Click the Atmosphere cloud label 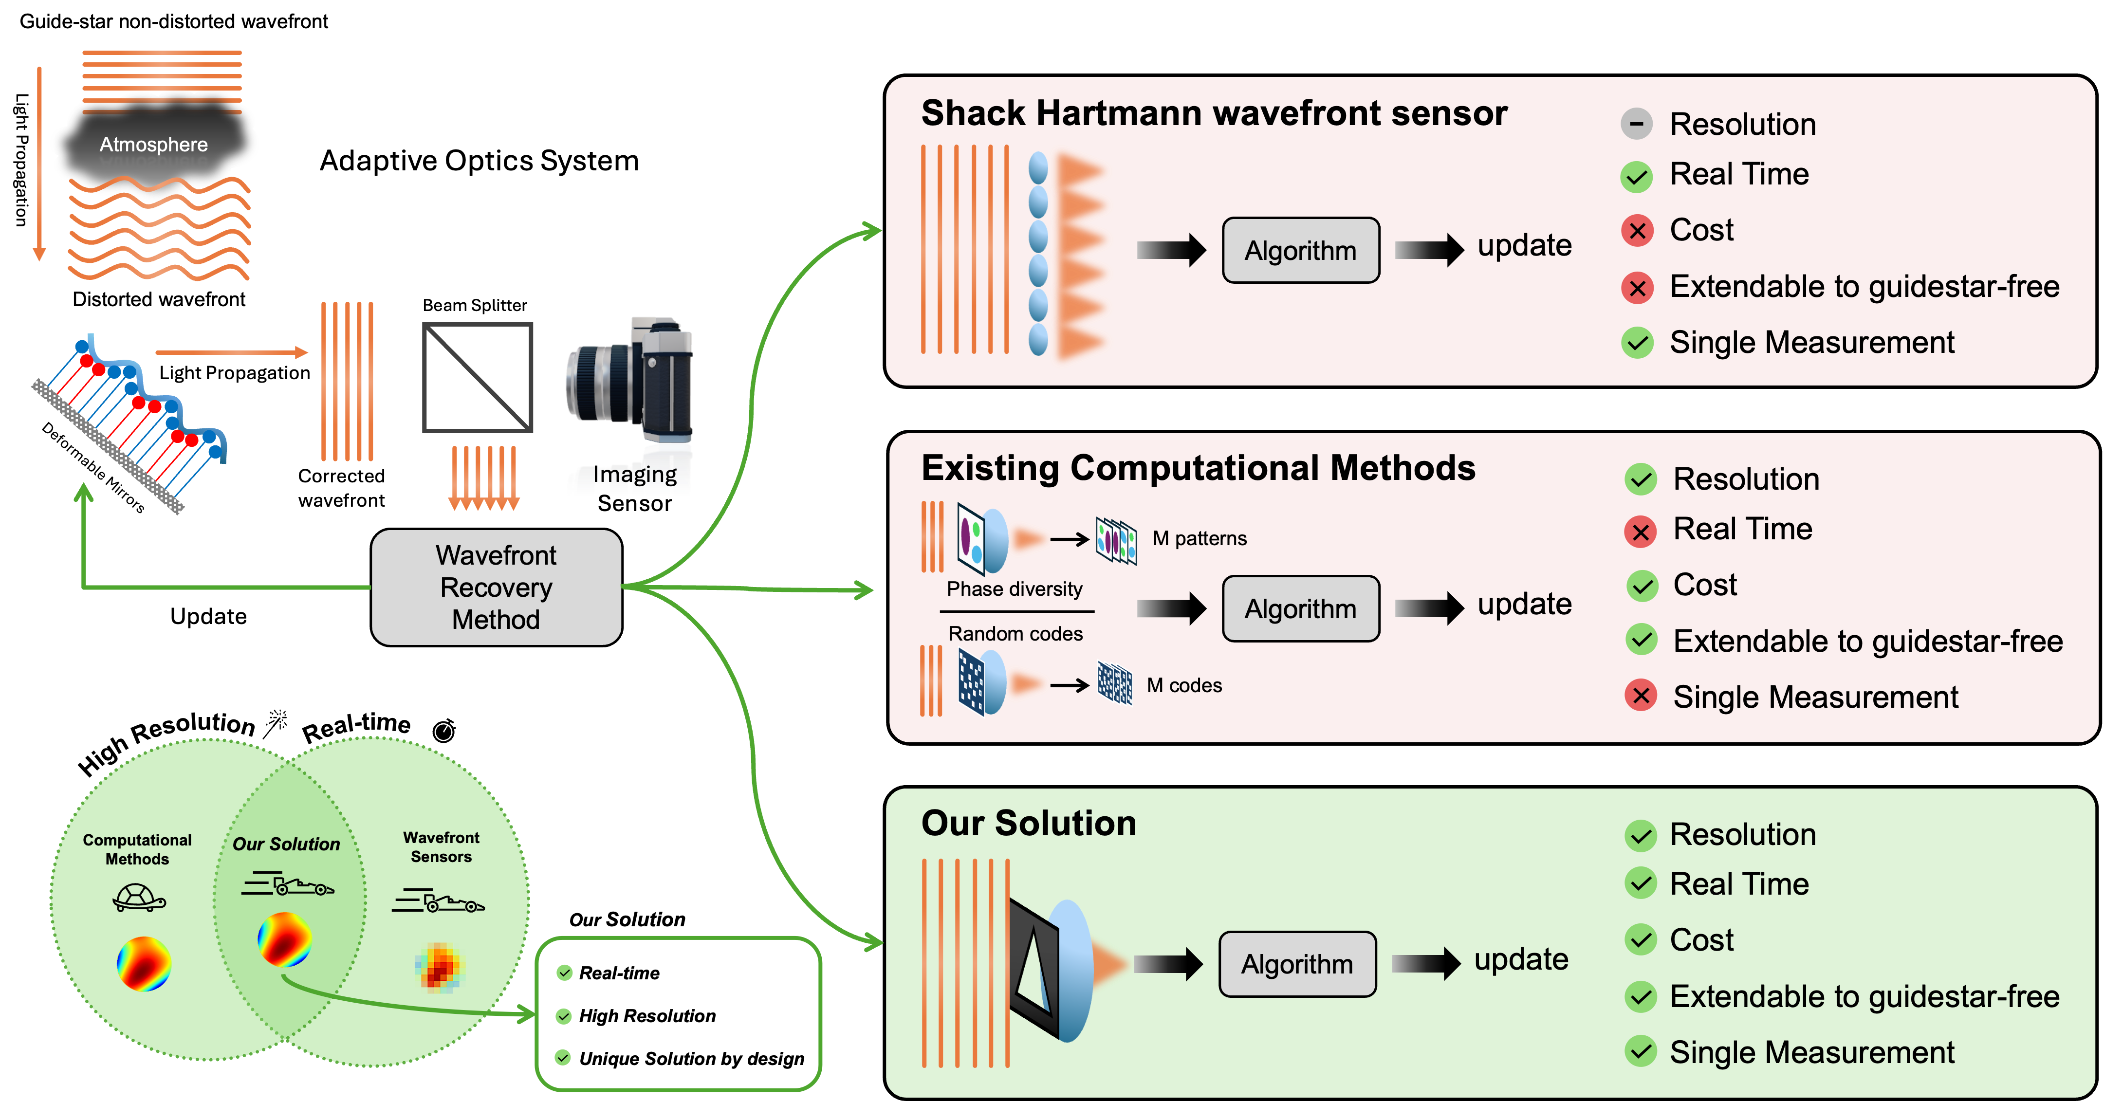pos(153,145)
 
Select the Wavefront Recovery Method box pos(496,588)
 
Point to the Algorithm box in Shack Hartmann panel pos(1300,251)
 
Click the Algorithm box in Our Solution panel pos(1297,964)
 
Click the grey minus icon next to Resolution pos(1636,124)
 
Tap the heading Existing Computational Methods pos(1198,468)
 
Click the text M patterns pos(1199,538)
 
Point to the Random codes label pos(1015,634)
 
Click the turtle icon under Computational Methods pos(139,897)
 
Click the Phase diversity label pos(1015,589)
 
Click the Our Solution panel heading pos(1028,824)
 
